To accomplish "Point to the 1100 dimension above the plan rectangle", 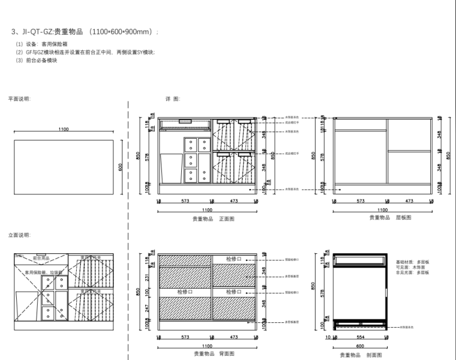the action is [64, 130].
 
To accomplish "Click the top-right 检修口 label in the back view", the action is [234, 259].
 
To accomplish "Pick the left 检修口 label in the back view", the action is [185, 292].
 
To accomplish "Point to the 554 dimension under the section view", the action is [359, 337].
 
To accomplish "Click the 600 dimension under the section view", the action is [359, 346].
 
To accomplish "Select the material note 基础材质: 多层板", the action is [412, 262].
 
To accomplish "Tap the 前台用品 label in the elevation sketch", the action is [41, 258].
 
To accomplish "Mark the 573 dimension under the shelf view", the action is [361, 202].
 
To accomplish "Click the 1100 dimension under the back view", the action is [207, 346].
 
